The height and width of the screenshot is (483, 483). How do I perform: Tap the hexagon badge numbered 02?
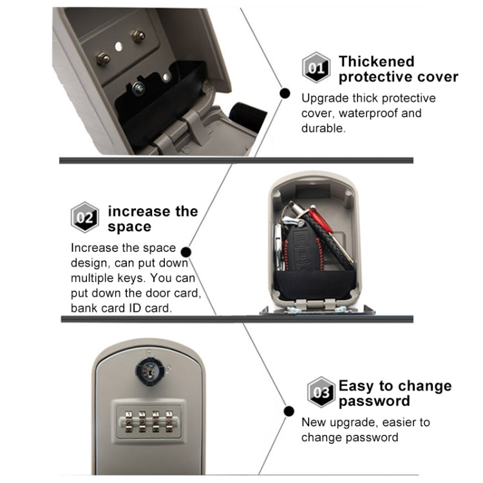pyautogui.click(x=85, y=218)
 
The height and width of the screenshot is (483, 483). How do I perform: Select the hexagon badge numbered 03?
pyautogui.click(x=321, y=392)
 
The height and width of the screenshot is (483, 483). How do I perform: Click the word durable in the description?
pyautogui.click(x=323, y=128)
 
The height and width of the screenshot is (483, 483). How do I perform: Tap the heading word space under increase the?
pyautogui.click(x=129, y=227)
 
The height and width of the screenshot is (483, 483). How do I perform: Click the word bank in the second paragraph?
pyautogui.click(x=84, y=308)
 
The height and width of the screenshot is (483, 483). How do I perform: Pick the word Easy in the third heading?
pyautogui.click(x=355, y=386)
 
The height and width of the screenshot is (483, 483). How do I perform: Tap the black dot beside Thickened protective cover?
pyautogui.click(x=283, y=93)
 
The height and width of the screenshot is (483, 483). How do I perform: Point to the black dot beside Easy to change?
pyautogui.click(x=286, y=410)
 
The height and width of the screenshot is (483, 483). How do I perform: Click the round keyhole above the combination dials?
pyautogui.click(x=147, y=370)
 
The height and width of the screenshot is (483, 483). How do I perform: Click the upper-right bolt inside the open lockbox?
pyautogui.click(x=138, y=36)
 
